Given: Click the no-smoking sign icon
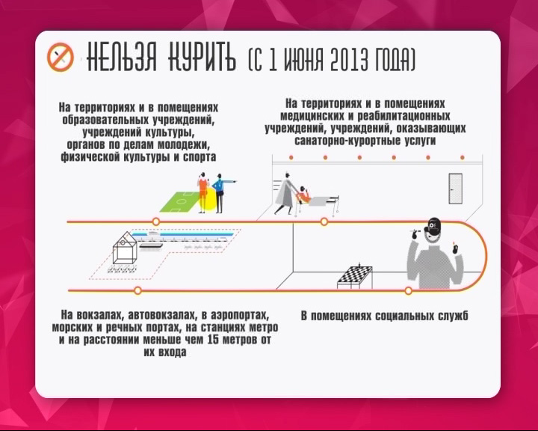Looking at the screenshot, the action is point(61,57).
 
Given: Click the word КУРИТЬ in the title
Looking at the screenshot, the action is point(202,57).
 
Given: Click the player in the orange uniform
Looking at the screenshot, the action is point(202,192).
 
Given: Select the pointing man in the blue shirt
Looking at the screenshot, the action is point(220,193).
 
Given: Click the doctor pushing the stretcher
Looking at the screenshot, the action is point(286,194).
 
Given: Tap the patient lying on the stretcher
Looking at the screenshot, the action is point(303,195).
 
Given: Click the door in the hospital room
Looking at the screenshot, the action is point(455,189).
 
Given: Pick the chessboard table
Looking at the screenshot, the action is point(355,276).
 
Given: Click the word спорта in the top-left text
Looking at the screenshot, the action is point(200,157).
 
